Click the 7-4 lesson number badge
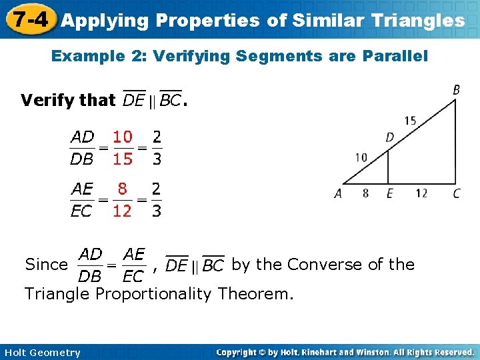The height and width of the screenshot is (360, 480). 27,19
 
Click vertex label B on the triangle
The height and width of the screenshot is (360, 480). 456,89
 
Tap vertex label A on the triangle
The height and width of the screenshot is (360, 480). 338,194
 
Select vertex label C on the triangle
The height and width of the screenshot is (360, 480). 456,194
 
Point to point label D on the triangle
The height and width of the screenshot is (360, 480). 389,137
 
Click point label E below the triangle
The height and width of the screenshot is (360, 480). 390,194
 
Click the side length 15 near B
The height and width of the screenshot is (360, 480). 410,121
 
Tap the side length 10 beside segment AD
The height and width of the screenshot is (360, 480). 361,158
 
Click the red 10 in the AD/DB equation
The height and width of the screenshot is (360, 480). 122,137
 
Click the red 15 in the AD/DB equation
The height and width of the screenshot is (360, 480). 122,159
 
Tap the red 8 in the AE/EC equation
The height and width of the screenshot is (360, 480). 123,189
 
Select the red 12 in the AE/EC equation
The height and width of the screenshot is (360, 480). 122,211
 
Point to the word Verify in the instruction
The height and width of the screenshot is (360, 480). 48,100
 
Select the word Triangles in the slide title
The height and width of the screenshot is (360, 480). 422,21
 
